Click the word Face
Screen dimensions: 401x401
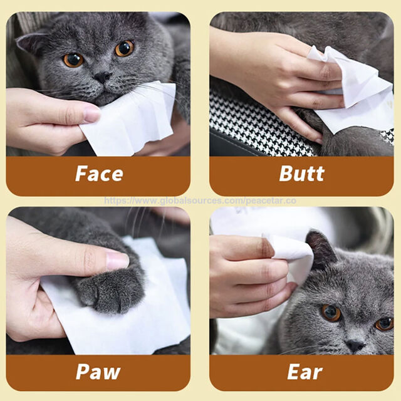pyautogui.click(x=99, y=174)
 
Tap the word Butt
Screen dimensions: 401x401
pyautogui.click(x=302, y=174)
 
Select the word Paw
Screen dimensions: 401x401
pyautogui.click(x=98, y=372)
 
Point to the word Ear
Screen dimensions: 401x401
pyautogui.click(x=305, y=372)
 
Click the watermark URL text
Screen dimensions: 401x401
pyautogui.click(x=200, y=200)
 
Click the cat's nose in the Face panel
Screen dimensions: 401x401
pyautogui.click(x=103, y=76)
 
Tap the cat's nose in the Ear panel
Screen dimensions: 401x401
pyautogui.click(x=355, y=346)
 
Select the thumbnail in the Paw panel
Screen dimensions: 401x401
pyautogui.click(x=117, y=261)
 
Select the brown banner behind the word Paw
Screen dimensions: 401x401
pyautogui.click(x=98, y=372)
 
